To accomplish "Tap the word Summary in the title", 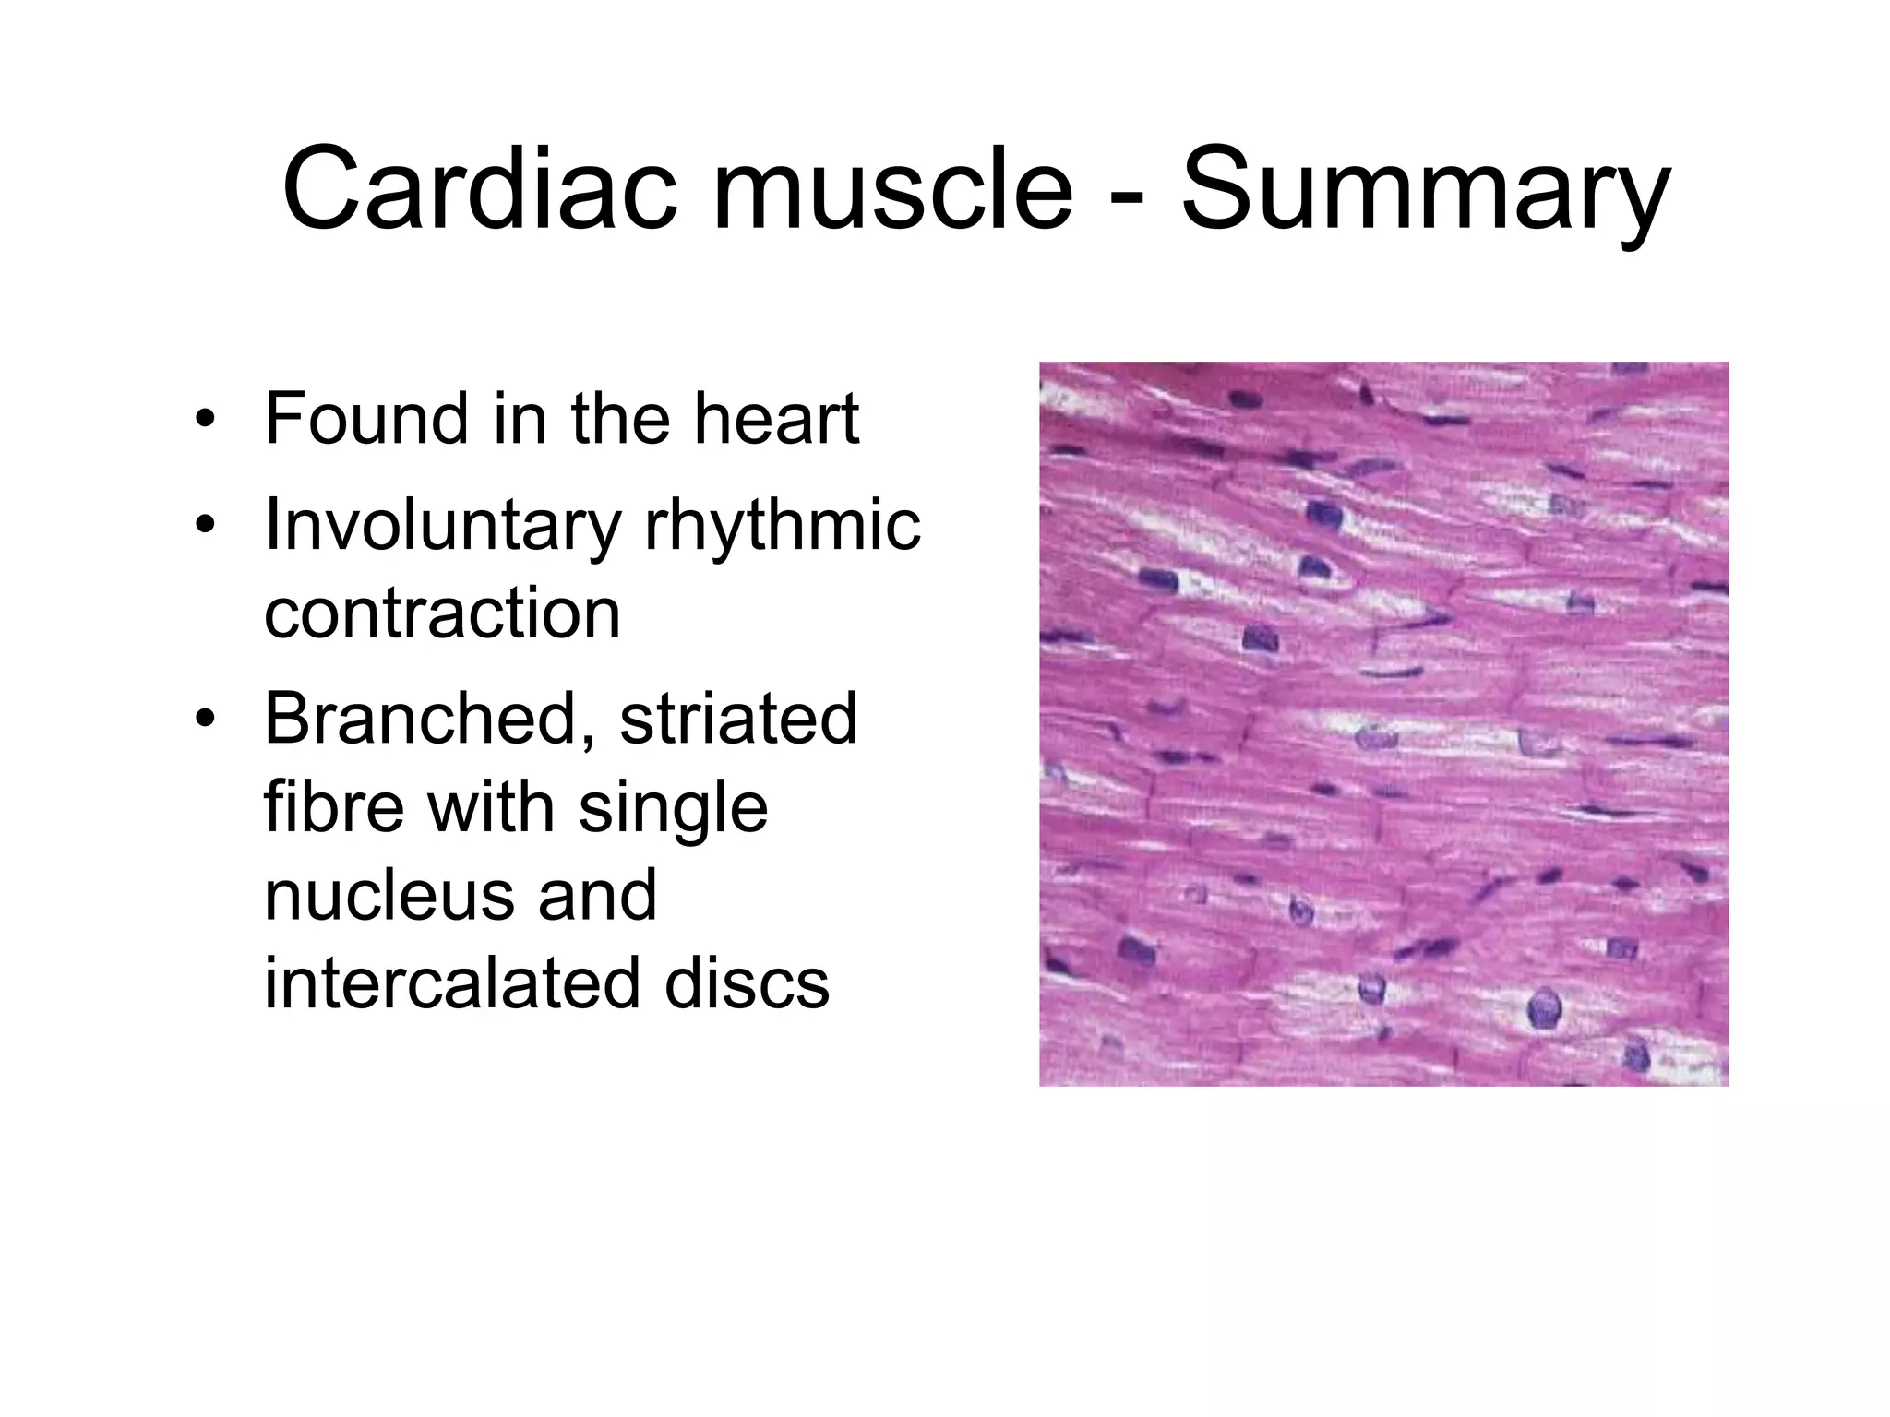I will [1425, 188].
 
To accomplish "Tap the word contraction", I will [442, 613].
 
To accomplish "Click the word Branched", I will [430, 719].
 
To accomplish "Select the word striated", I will [738, 719].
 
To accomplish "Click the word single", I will [673, 806].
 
